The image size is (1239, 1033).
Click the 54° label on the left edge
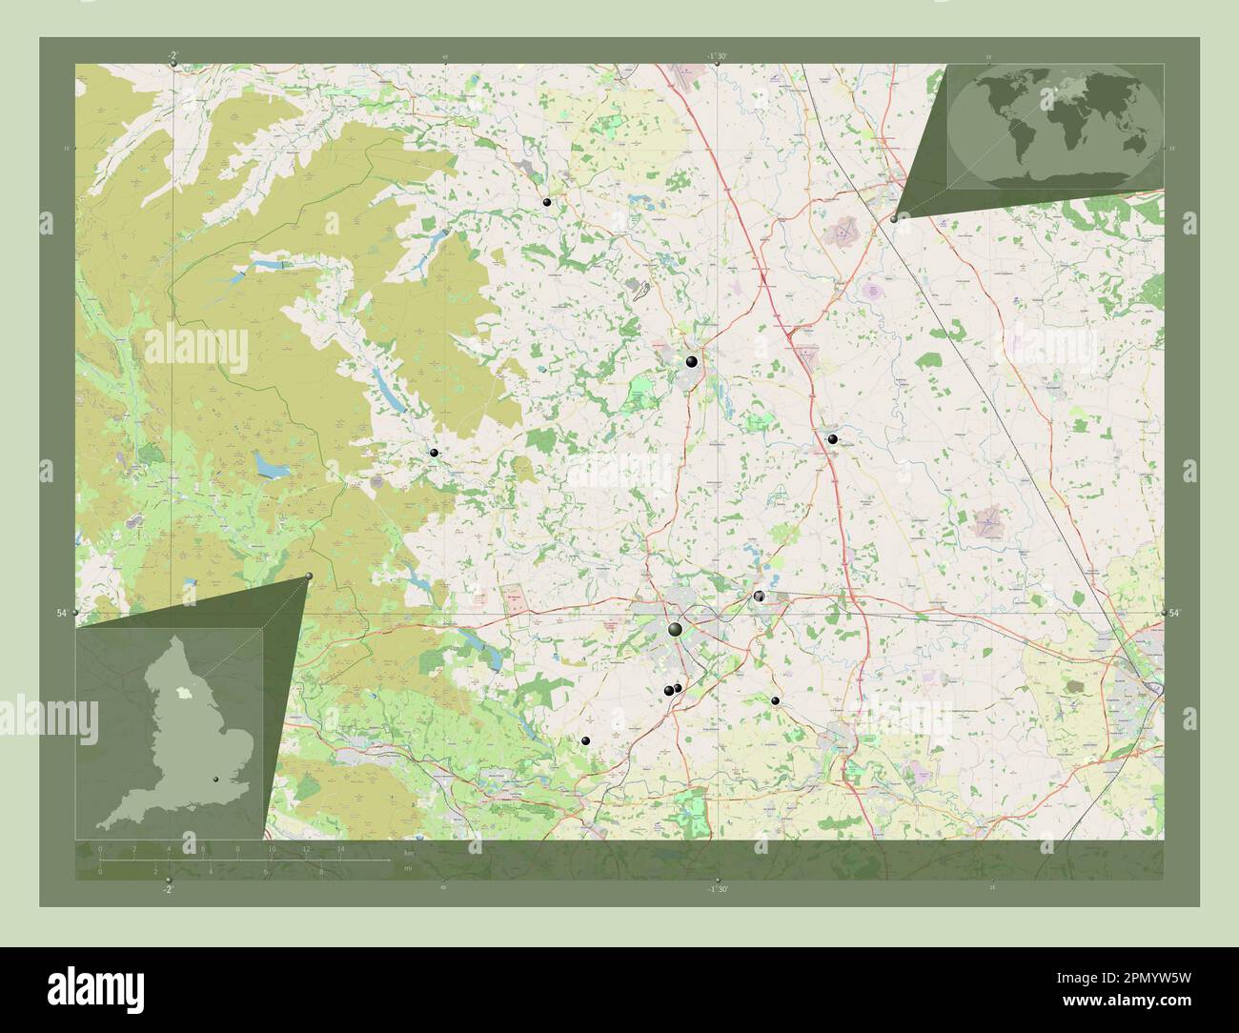(x=61, y=614)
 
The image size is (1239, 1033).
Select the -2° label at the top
(x=172, y=55)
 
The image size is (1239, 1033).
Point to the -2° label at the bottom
(x=168, y=889)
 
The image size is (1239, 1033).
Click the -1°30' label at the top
(x=717, y=56)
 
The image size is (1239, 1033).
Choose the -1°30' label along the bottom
(x=717, y=889)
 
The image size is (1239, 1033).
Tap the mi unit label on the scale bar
(x=407, y=869)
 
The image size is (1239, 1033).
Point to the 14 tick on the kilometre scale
(x=340, y=847)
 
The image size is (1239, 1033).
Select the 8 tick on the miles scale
(x=321, y=871)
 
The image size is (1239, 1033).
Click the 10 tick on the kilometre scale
(x=272, y=847)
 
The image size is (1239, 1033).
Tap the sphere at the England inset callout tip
(x=309, y=576)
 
